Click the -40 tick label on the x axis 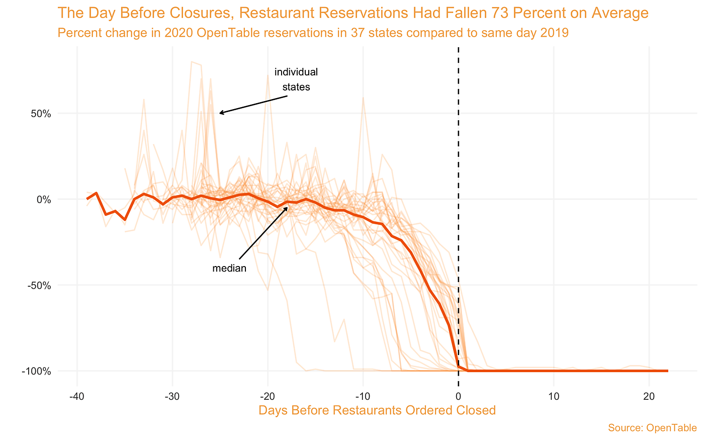(77, 396)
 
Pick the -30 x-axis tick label (172, 396)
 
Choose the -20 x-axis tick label (268, 396)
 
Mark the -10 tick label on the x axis (363, 396)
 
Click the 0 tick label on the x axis (458, 396)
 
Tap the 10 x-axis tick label (553, 396)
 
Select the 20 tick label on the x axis (649, 396)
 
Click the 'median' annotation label (229, 269)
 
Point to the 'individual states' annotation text (296, 79)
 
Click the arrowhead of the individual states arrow (220, 113)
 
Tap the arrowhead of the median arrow (287, 206)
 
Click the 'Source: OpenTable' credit (652, 428)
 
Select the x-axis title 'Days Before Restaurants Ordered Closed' (377, 410)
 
